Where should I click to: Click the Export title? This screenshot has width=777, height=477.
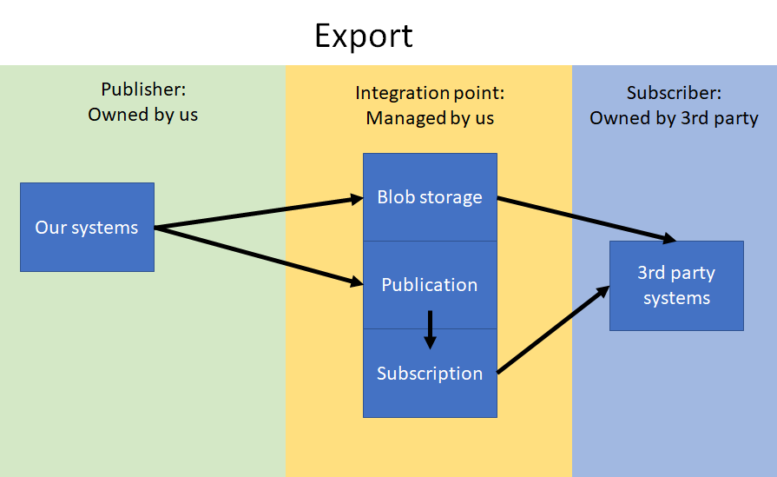click(x=364, y=36)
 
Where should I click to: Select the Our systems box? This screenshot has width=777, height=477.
click(x=87, y=227)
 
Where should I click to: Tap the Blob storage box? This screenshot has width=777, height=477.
click(x=430, y=197)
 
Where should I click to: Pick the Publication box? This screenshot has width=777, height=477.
click(x=430, y=285)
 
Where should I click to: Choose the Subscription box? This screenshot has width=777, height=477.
click(x=430, y=374)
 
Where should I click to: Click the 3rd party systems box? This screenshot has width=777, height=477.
click(x=676, y=286)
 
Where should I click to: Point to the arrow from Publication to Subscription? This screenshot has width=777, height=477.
click(x=430, y=330)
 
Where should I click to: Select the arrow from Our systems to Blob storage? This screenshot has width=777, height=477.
click(x=259, y=213)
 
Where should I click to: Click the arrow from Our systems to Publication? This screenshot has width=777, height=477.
click(x=259, y=255)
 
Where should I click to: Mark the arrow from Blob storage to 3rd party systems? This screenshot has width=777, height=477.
click(x=587, y=220)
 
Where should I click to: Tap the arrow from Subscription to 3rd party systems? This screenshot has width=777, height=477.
click(x=553, y=329)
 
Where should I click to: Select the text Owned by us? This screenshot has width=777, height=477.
click(x=142, y=115)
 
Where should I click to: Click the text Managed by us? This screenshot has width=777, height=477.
click(x=430, y=118)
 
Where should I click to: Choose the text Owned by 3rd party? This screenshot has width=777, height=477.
click(x=674, y=118)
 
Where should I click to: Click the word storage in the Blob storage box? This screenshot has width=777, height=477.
click(x=451, y=198)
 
